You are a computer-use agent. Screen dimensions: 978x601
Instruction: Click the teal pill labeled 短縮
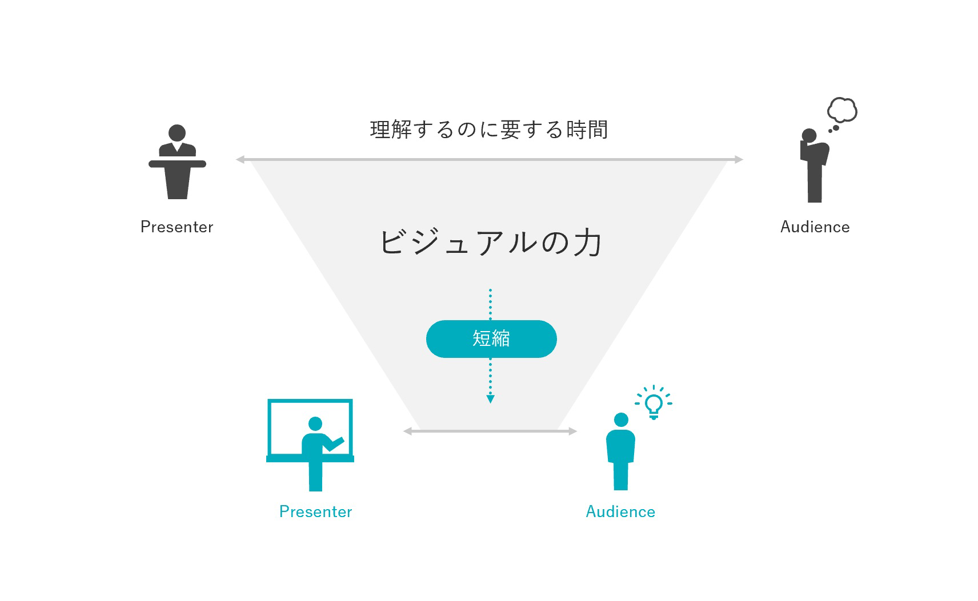coord(491,339)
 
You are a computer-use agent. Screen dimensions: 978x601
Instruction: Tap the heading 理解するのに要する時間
coord(489,130)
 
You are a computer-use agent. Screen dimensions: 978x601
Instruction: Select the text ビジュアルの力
coord(491,243)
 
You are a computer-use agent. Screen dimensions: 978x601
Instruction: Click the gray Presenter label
coord(177,227)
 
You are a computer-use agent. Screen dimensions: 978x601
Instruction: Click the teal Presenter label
coord(316,511)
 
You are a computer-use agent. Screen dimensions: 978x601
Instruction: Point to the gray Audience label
coord(815,227)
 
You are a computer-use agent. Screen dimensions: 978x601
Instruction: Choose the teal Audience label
coord(620,511)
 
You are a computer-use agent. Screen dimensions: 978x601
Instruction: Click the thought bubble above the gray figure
coord(842,110)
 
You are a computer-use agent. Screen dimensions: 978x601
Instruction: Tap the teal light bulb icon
coord(654,404)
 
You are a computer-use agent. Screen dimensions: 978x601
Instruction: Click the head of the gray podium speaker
coord(177,133)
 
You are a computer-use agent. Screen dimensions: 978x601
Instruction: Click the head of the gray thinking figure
coord(809,136)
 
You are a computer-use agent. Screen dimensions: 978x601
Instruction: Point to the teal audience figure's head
coord(621,420)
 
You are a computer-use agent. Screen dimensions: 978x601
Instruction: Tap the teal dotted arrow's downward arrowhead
coord(490,399)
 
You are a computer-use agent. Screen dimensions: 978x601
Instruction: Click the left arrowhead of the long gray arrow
coord(240,160)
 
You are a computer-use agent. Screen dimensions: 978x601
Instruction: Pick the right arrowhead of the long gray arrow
coord(739,160)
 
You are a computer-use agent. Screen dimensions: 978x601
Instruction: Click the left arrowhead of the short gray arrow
coord(407,431)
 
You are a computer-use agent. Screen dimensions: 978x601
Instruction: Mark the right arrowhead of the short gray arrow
coord(573,431)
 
